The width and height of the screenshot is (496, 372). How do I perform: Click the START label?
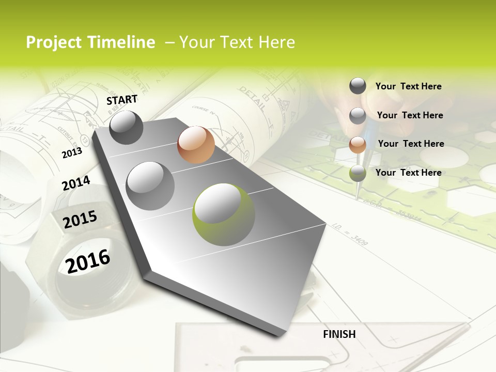[x=122, y=100]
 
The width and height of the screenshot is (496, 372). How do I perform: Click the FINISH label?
[x=339, y=334]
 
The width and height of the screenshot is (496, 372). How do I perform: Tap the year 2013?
[x=72, y=153]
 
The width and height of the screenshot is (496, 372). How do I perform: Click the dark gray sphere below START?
[x=126, y=127]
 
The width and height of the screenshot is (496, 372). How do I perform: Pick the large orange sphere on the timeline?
[x=196, y=145]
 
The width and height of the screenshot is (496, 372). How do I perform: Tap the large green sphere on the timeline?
[x=224, y=214]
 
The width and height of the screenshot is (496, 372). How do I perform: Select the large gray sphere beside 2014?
[x=150, y=185]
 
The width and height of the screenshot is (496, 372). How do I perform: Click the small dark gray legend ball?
[x=358, y=86]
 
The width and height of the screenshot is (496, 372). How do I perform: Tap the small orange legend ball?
[x=358, y=145]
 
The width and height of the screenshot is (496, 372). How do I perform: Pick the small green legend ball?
[x=358, y=174]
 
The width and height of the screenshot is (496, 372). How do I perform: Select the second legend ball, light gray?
[x=358, y=116]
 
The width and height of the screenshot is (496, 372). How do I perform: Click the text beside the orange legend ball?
[x=411, y=144]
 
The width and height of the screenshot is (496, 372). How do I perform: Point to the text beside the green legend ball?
[x=408, y=173]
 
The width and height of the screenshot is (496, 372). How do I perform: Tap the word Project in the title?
[x=53, y=42]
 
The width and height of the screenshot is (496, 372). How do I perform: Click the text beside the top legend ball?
[x=408, y=86]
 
